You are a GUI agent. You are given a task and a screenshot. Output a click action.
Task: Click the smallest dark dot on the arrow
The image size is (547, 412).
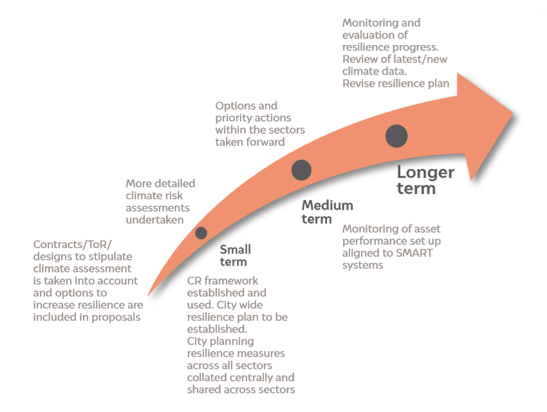[201, 233]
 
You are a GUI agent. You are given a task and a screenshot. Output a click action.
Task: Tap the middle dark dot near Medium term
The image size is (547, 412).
[301, 170]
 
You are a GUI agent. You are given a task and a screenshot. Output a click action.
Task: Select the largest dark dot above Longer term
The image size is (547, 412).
[396, 136]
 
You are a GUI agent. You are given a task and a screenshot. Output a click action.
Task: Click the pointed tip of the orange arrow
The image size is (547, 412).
[513, 112]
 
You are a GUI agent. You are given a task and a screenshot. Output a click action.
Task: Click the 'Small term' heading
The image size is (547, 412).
[235, 256]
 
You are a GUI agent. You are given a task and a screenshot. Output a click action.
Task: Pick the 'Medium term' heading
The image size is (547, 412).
[327, 211]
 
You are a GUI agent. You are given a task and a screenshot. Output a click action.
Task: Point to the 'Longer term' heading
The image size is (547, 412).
[425, 180]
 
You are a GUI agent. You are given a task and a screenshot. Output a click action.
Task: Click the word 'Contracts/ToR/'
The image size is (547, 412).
[73, 245]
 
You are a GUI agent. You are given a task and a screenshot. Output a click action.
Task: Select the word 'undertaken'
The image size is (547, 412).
[154, 220]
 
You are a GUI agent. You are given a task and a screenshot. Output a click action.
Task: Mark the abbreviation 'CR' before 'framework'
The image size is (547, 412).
[194, 281]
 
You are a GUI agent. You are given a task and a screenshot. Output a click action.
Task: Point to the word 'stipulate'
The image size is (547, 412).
[110, 257]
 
